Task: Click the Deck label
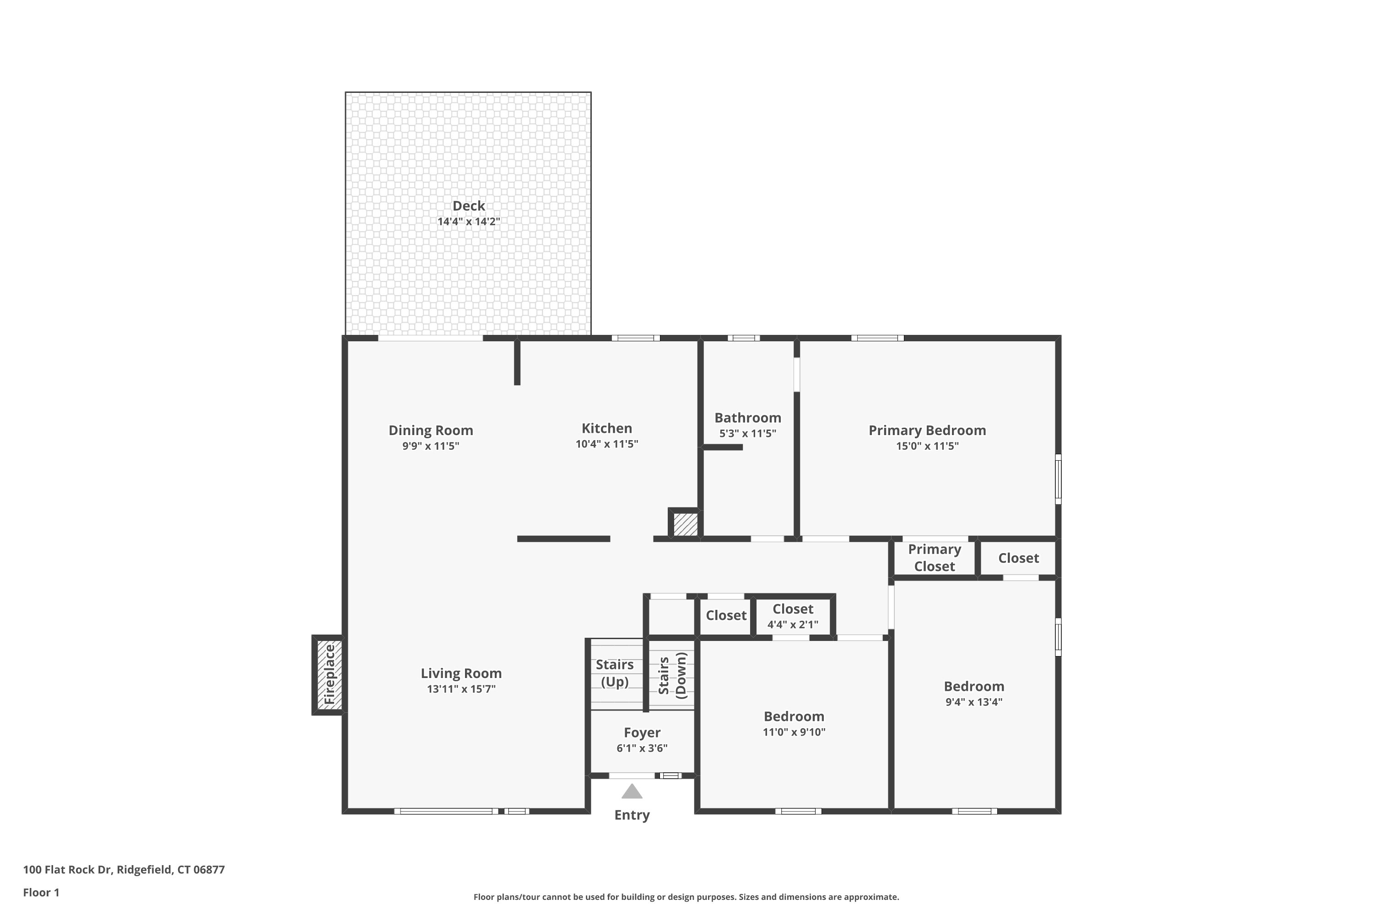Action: point(469,206)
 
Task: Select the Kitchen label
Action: point(606,428)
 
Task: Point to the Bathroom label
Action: point(748,418)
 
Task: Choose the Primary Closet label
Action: point(935,558)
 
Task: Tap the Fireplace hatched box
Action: point(329,674)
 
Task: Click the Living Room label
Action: point(461,673)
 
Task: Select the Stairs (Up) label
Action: point(615,673)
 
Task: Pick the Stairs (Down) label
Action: point(672,676)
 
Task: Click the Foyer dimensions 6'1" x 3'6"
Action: point(642,748)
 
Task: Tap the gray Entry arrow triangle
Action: point(632,791)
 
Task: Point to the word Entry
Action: point(632,815)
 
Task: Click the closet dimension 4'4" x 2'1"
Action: point(793,624)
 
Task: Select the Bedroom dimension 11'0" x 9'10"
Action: point(794,732)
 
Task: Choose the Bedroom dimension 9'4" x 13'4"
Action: point(974,702)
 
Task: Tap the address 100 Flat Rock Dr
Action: point(67,870)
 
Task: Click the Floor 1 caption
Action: point(42,892)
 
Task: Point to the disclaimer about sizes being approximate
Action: point(686,897)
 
